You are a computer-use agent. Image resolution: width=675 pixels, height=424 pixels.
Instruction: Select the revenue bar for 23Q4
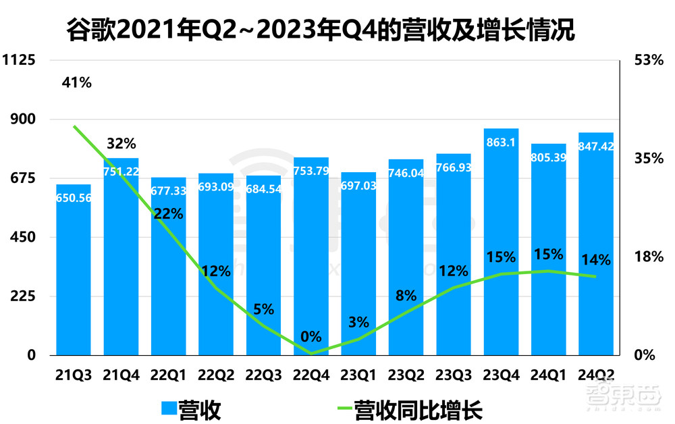pyautogui.click(x=502, y=243)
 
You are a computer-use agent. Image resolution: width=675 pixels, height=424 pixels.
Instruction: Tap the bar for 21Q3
pyautogui.click(x=74, y=270)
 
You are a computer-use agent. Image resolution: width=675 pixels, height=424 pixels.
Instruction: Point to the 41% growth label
pyautogui.click(x=76, y=83)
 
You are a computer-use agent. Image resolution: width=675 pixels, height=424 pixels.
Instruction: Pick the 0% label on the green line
pyautogui.click(x=311, y=336)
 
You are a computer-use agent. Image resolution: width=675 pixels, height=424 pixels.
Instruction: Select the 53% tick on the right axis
pyautogui.click(x=649, y=60)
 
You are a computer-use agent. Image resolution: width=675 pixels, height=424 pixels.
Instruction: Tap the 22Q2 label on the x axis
pyautogui.click(x=215, y=374)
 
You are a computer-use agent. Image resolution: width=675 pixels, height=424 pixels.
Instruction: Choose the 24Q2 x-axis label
pyautogui.click(x=596, y=374)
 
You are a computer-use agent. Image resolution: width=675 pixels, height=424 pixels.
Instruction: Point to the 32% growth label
pyautogui.click(x=122, y=143)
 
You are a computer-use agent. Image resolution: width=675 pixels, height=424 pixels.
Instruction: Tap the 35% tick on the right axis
pyautogui.click(x=649, y=159)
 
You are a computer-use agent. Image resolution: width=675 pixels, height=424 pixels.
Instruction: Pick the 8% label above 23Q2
pyautogui.click(x=406, y=295)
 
